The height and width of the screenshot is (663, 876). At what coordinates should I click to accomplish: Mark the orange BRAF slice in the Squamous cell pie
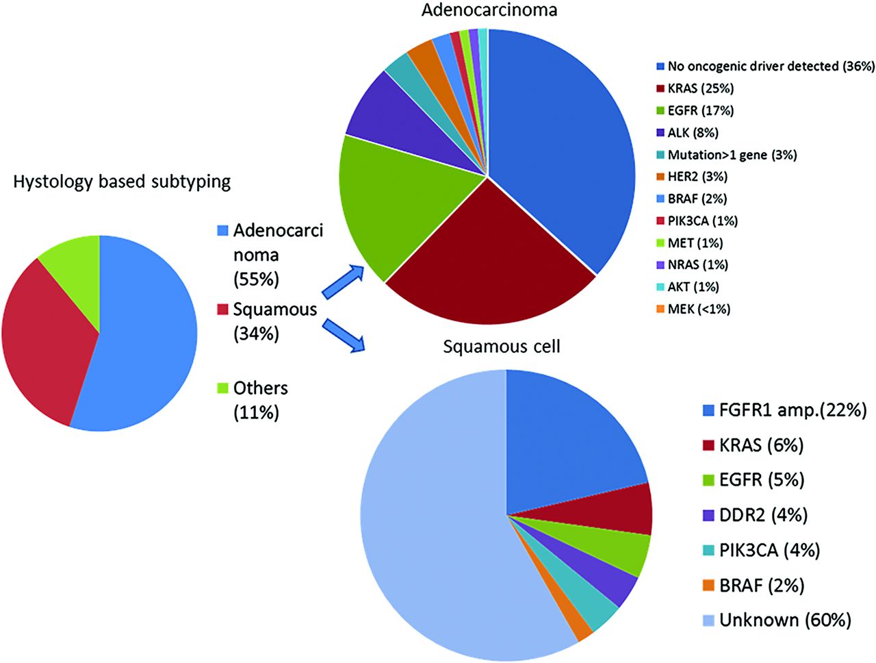click(x=575, y=623)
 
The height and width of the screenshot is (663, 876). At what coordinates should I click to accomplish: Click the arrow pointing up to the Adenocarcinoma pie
click(x=344, y=282)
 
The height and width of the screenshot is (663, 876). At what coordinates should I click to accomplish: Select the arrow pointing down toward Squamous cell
click(x=344, y=335)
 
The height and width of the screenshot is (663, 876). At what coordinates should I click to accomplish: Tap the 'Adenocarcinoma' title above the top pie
click(x=489, y=10)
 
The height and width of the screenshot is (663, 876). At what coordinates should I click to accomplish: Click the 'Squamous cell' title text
click(x=502, y=347)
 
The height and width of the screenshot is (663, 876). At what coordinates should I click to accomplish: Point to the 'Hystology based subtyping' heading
click(x=122, y=182)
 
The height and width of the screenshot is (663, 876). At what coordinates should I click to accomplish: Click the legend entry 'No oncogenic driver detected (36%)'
click(x=765, y=66)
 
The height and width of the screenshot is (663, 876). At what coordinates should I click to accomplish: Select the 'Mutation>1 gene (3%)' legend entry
click(x=727, y=155)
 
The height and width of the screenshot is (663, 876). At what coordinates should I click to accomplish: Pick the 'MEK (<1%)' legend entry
click(x=694, y=309)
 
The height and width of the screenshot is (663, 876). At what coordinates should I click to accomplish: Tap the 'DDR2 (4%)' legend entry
click(x=755, y=515)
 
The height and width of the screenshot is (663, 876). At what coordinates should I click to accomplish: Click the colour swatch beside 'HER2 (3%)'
click(x=660, y=177)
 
